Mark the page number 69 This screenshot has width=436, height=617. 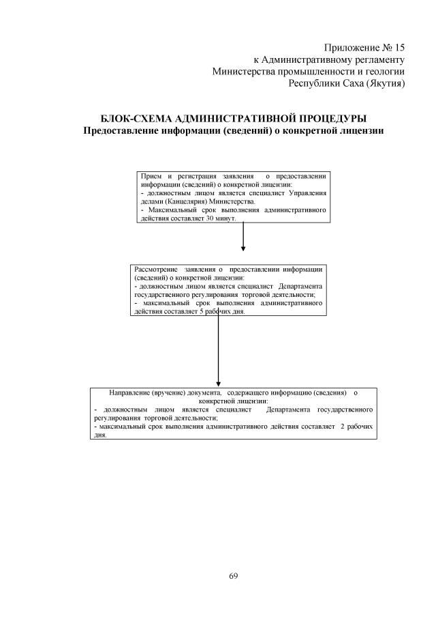pos(233,577)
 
